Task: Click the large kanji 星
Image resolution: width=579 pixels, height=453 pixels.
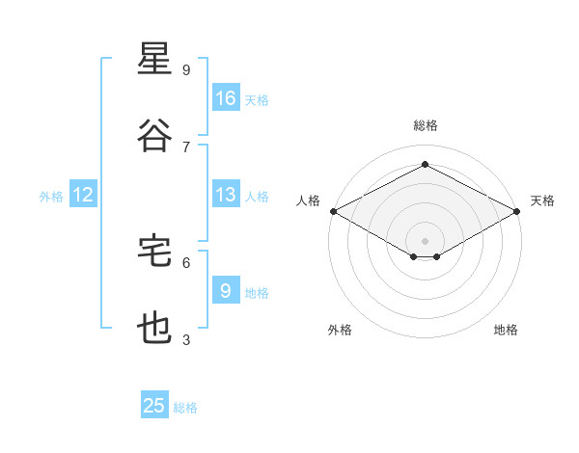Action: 154,58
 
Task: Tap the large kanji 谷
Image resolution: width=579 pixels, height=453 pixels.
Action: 154,135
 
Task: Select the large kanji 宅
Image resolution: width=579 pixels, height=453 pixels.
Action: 154,251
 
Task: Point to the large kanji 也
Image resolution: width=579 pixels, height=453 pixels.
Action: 154,328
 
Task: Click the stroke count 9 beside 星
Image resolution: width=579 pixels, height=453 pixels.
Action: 186,69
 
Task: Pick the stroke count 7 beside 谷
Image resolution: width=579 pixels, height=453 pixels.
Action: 186,147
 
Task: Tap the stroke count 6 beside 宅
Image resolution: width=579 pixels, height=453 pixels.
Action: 186,263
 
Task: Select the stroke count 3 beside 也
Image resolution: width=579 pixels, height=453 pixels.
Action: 186,339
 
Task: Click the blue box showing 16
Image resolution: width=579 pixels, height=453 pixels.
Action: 226,97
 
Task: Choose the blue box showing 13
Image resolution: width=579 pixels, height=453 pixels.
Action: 226,194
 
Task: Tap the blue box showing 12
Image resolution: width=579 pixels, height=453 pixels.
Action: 83,194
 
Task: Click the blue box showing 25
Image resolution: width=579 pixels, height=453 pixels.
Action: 154,404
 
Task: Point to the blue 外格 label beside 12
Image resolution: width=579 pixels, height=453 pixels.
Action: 51,197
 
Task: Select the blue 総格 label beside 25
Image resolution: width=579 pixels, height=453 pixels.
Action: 185,408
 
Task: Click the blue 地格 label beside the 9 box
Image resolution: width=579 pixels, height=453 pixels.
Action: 257,293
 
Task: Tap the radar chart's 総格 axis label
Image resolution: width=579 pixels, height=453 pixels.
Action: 426,125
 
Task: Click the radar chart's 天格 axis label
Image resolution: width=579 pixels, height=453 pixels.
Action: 542,200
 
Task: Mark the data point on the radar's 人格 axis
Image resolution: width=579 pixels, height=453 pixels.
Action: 334,211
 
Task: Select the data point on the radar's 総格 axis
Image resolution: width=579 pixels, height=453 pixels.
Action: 425,164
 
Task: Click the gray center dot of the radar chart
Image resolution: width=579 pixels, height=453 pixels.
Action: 425,241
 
